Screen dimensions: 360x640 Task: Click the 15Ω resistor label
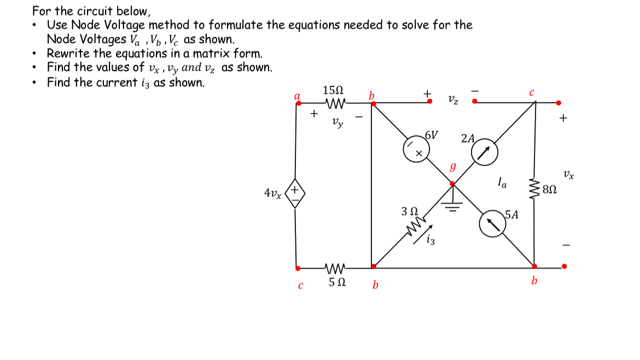(x=334, y=90)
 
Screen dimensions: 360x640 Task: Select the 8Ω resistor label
(x=550, y=190)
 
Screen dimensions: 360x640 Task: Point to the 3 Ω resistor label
(x=410, y=211)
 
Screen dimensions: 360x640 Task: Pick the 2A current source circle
(x=484, y=154)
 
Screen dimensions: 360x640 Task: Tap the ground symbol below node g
(x=452, y=204)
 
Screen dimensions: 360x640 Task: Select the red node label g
(x=452, y=166)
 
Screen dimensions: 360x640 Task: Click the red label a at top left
(x=298, y=95)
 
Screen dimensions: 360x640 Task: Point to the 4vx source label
(x=273, y=193)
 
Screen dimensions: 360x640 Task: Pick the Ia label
(x=502, y=182)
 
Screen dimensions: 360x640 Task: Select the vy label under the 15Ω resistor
(x=338, y=123)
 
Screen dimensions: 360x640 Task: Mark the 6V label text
(x=432, y=135)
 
